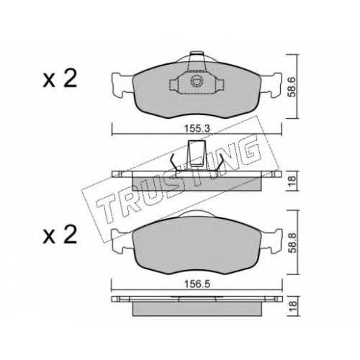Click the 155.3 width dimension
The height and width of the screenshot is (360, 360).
pos(197,129)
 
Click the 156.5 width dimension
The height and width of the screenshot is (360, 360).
pos(197,284)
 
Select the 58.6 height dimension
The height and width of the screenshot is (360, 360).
pos(292,86)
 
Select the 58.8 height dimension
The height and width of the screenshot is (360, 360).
pos(292,243)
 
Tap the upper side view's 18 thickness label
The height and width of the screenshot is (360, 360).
pos(292,181)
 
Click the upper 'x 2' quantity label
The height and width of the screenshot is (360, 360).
pos(60,79)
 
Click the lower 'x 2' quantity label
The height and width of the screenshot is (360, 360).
pos(60,235)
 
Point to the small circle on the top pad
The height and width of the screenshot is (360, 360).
pos(195,81)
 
